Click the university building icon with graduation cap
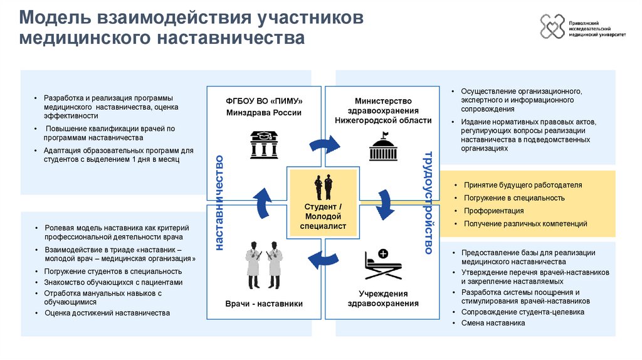pos(264,144)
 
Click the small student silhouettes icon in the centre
pos(324,187)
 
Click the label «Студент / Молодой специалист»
pos(324,216)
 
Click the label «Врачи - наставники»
pos(264,304)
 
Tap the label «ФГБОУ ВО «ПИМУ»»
pos(264,101)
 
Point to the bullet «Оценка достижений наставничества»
pos(107,313)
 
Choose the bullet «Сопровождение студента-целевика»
pos(522,312)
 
